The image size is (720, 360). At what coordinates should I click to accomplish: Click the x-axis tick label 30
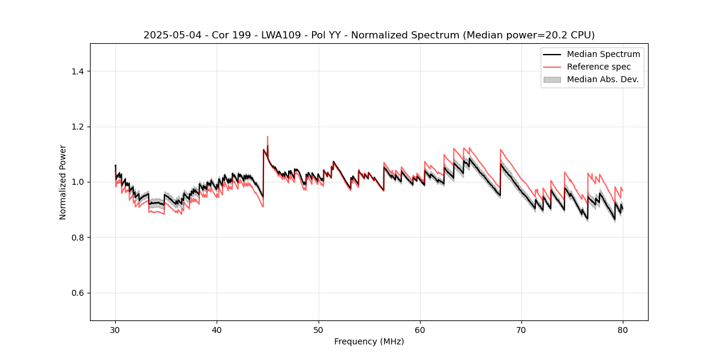(115, 329)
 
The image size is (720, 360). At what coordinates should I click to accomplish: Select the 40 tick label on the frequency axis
(217, 329)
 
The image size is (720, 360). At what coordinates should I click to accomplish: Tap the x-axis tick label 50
(319, 329)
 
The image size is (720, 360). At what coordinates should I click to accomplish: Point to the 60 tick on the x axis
(420, 329)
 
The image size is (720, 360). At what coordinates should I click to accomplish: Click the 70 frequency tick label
(521, 329)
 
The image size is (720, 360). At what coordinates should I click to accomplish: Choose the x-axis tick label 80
(623, 329)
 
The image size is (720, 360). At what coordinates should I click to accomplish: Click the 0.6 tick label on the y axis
(77, 293)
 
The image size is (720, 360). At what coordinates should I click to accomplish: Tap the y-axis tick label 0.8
(77, 238)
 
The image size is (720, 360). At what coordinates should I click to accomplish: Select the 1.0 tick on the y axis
(77, 182)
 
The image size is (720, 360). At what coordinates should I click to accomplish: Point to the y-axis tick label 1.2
(77, 127)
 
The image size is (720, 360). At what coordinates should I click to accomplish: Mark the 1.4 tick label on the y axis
(77, 71)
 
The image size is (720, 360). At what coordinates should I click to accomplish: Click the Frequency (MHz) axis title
(369, 341)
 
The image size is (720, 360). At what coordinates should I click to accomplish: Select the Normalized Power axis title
(63, 182)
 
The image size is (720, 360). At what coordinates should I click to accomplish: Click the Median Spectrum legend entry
(603, 54)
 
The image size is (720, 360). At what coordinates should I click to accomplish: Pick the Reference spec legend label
(598, 67)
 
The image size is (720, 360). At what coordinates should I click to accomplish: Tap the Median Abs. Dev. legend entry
(603, 79)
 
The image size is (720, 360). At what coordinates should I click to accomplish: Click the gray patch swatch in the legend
(552, 79)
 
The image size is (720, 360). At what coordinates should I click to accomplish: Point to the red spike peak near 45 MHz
(267, 137)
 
